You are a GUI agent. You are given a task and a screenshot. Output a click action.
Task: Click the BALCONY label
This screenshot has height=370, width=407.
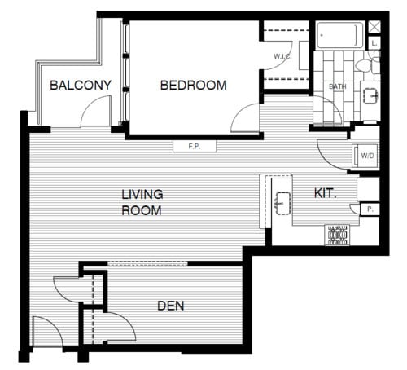80,86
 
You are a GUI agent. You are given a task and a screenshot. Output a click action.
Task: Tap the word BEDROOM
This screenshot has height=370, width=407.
193,86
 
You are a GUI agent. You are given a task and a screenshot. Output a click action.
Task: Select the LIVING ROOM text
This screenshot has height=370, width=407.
142,202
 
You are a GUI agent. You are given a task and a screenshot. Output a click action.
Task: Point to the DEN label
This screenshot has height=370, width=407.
170,306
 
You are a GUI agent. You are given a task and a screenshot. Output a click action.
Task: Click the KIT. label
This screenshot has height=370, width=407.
325,194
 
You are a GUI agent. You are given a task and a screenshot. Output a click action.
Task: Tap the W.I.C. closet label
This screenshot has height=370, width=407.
282,56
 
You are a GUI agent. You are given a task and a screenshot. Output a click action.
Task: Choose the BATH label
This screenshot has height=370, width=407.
338,86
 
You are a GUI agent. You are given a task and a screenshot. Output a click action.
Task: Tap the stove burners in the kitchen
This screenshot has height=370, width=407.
337,236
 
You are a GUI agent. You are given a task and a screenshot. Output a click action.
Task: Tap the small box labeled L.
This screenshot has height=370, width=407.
374,42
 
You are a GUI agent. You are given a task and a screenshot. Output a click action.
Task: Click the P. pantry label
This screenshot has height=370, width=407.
370,209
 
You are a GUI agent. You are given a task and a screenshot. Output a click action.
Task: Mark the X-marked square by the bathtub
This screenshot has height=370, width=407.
374,26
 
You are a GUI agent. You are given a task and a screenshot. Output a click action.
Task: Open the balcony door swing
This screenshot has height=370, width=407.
96,112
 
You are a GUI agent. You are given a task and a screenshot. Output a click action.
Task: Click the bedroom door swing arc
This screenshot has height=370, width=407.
247,119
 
